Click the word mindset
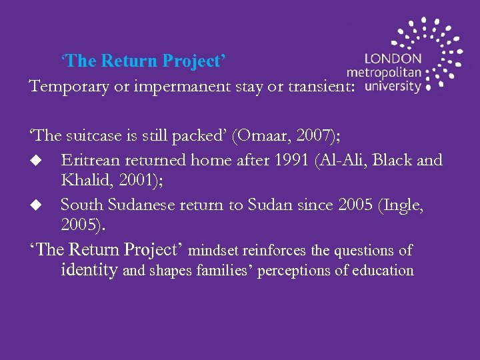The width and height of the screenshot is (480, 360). pyautogui.click(x=215, y=251)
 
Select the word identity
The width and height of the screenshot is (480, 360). pyautogui.click(x=89, y=270)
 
